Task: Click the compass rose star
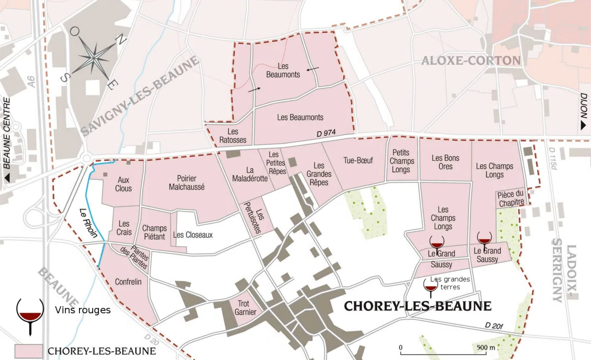[x=93, y=58]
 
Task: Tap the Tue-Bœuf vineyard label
[x=358, y=160]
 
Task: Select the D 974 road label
[x=326, y=133]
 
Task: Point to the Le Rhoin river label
[x=88, y=223]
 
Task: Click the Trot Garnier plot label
[x=245, y=308]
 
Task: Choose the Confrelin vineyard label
[x=128, y=282]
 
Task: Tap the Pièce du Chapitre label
[x=511, y=199]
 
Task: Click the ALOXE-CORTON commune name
[x=471, y=61]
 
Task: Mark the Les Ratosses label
[x=233, y=136]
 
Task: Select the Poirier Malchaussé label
[x=187, y=183]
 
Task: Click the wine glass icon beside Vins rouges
[x=30, y=314]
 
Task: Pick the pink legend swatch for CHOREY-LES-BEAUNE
[x=29, y=351]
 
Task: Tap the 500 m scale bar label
[x=486, y=347]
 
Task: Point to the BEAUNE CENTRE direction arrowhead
[x=7, y=178]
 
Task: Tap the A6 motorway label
[x=31, y=82]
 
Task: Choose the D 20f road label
[x=494, y=326]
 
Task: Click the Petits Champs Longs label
[x=401, y=161]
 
